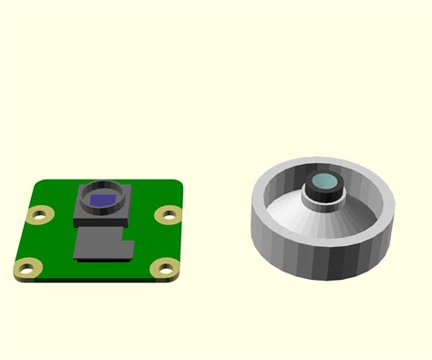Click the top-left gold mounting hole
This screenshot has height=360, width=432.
38,216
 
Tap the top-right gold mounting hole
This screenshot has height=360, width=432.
168,215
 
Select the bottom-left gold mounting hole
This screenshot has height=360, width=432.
26,270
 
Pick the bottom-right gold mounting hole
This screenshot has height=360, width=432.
165,268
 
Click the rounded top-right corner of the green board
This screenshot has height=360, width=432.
179,185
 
